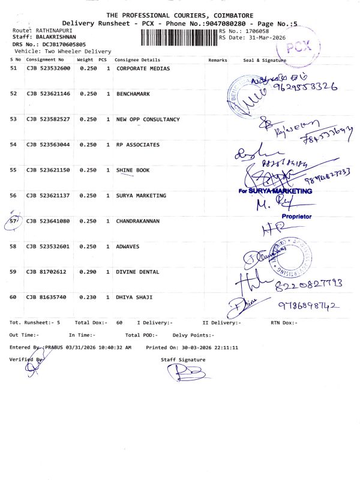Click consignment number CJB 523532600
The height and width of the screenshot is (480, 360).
tap(49, 68)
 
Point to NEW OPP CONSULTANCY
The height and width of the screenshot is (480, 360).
tap(148, 119)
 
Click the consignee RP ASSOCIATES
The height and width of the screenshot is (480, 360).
tap(138, 145)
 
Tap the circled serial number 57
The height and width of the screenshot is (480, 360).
tap(15, 221)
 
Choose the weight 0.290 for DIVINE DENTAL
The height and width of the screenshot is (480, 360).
tap(88, 272)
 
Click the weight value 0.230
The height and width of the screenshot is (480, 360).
tap(88, 297)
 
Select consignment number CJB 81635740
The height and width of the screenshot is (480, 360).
tap(46, 297)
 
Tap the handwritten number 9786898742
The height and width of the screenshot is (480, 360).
tap(308, 307)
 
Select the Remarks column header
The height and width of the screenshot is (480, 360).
tap(217, 61)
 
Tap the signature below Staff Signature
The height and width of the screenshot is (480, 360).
tap(186, 373)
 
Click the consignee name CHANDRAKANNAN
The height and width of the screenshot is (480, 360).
tap(138, 221)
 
